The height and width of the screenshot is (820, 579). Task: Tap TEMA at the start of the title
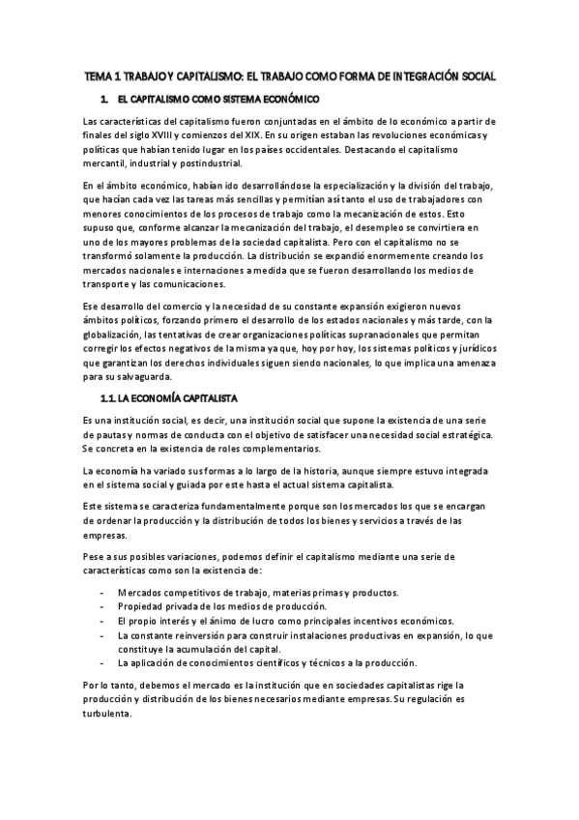click(x=99, y=75)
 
